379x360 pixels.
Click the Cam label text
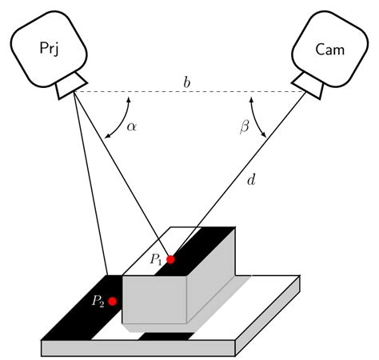click(329, 50)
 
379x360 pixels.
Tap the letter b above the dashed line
click(187, 82)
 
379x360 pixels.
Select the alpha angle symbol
click(132, 127)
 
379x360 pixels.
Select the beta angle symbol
click(245, 127)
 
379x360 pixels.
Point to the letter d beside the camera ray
click(251, 181)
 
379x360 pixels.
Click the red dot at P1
click(170, 259)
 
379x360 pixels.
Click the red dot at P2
click(113, 301)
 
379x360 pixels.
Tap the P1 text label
click(155, 258)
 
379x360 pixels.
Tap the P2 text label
click(98, 301)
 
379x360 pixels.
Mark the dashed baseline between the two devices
click(187, 92)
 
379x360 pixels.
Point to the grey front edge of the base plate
click(136, 348)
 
